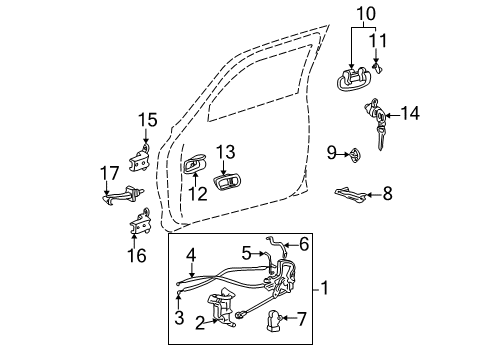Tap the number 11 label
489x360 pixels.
click(377, 40)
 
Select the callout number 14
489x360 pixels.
click(410, 114)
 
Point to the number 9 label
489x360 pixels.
click(331, 152)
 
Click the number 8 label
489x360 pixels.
click(388, 192)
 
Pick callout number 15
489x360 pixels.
click(147, 121)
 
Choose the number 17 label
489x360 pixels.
click(110, 172)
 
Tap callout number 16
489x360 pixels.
click(136, 256)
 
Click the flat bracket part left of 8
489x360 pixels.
click(350, 190)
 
